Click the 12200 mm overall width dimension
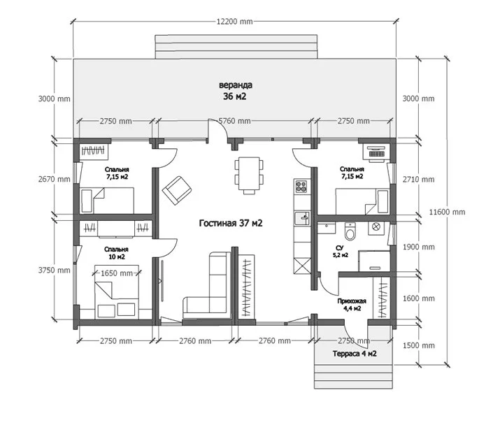click(x=234, y=22)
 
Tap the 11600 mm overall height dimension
click(x=447, y=212)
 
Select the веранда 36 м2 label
click(x=235, y=91)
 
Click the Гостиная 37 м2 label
click(x=231, y=223)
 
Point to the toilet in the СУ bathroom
click(x=350, y=231)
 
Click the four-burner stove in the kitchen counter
click(x=301, y=186)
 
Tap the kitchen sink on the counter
click(x=302, y=217)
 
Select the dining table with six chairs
click(x=249, y=175)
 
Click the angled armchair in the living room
click(x=177, y=190)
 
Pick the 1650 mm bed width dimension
click(x=117, y=273)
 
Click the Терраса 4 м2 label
click(x=355, y=354)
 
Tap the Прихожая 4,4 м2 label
click(x=352, y=305)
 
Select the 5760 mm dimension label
click(x=234, y=121)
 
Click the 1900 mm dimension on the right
click(x=419, y=247)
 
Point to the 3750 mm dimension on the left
click(x=55, y=271)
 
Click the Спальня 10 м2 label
click(x=116, y=253)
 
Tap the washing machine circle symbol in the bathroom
click(x=376, y=226)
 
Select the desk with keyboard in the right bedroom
click(x=376, y=152)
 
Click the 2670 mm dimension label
click(x=55, y=179)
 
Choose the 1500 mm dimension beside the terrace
click(x=419, y=345)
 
